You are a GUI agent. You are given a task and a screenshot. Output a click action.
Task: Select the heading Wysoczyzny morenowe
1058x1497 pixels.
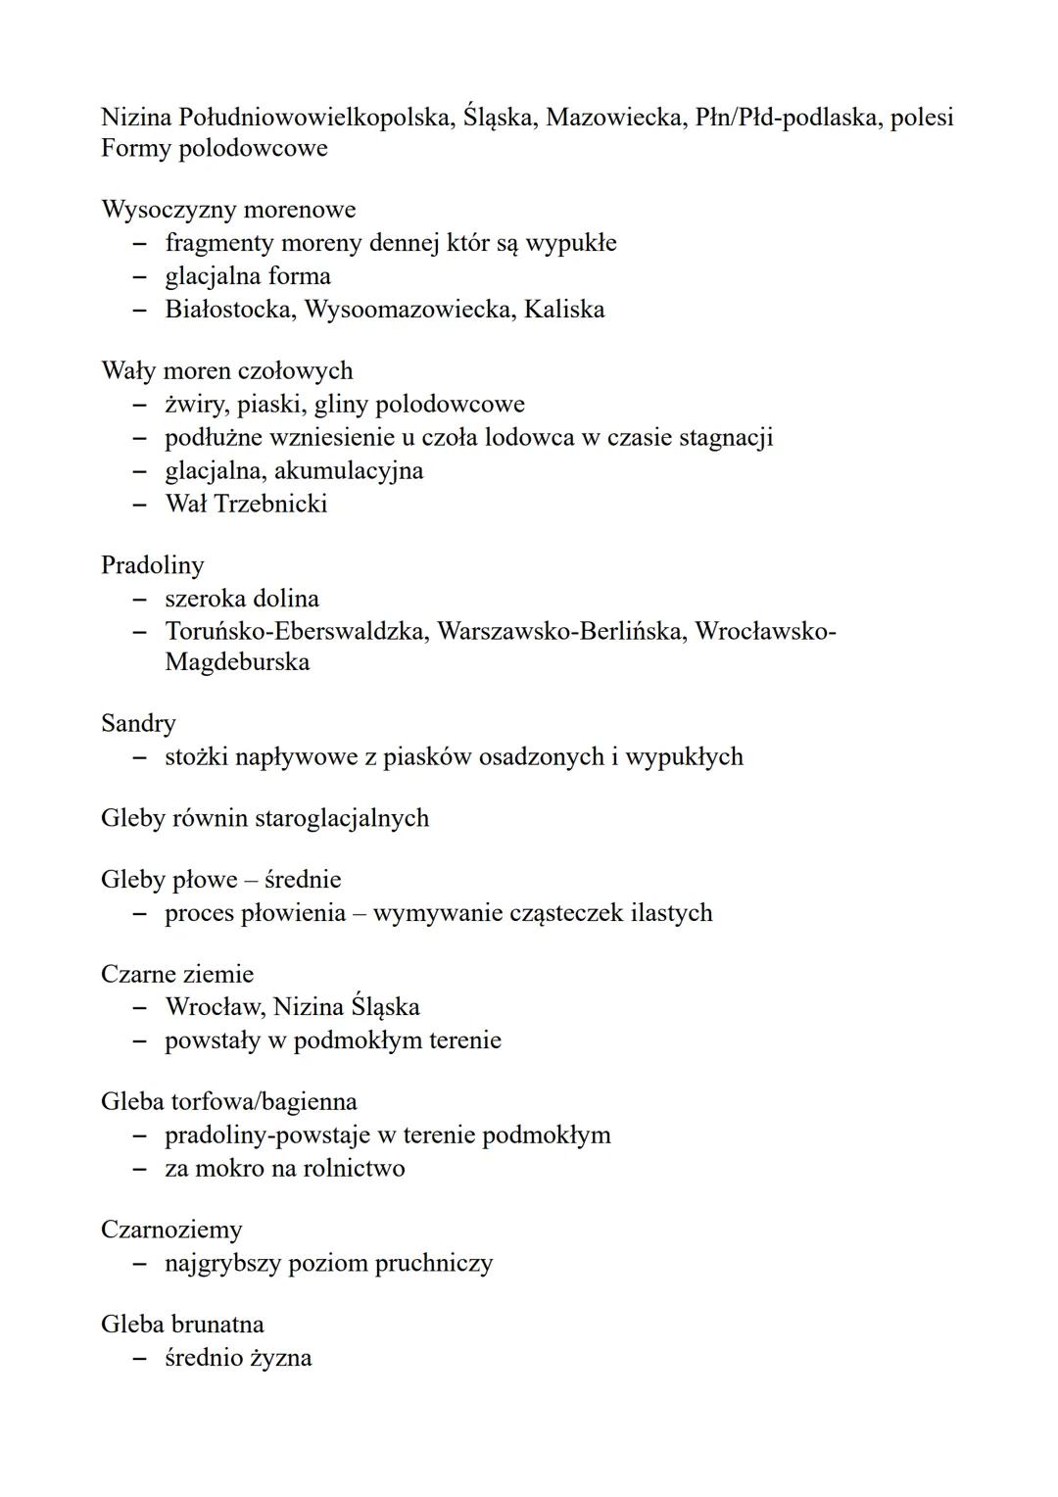click(228, 210)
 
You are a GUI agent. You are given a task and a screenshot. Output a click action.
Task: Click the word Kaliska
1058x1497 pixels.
click(564, 310)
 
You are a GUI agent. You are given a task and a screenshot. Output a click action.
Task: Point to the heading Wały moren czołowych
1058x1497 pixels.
click(226, 371)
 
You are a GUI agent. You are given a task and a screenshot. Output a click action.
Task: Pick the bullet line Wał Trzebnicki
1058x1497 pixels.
click(246, 504)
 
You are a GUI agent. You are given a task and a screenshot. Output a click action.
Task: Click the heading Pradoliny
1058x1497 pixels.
click(153, 565)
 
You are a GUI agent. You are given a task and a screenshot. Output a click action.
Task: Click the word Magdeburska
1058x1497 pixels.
click(237, 662)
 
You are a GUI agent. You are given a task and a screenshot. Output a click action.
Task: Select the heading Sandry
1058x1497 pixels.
click(138, 724)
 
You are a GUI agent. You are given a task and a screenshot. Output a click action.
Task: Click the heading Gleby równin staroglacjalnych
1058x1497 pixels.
click(264, 818)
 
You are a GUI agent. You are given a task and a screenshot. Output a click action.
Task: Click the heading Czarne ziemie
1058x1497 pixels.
click(176, 975)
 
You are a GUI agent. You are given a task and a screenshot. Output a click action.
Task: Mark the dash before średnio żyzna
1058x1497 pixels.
click(141, 1359)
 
